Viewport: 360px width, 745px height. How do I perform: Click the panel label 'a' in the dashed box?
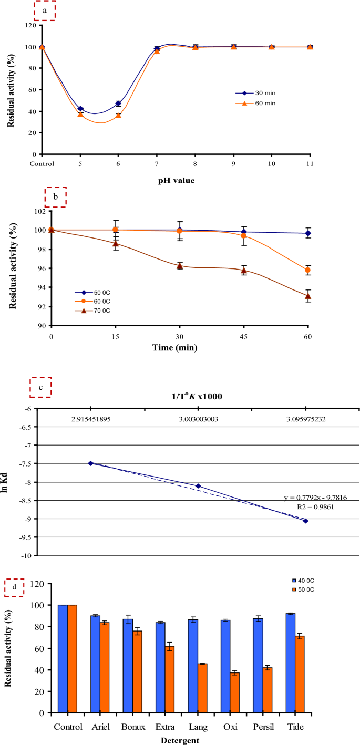pos(45,10)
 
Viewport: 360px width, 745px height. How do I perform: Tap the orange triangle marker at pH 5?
pos(80,114)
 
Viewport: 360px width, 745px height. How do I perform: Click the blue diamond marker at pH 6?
pos(118,104)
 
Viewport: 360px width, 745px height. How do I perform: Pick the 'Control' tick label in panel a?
pos(42,163)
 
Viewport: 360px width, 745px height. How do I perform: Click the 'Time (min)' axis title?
pos(179,347)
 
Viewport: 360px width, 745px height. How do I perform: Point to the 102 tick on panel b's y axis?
pos(39,211)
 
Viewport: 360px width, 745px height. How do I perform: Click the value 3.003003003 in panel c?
pos(198,420)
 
